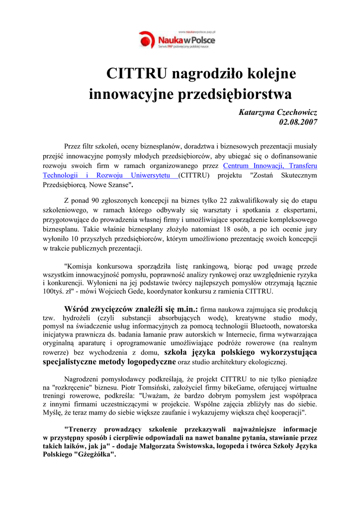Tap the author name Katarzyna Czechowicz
click(x=278, y=112)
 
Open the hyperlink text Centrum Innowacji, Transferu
click(x=270, y=166)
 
